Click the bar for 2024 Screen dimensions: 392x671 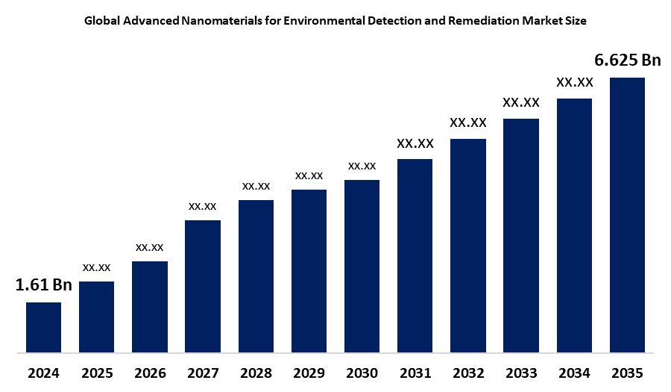pos(43,326)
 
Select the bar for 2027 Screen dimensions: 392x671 pos(203,285)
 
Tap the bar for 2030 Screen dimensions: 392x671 pos(362,265)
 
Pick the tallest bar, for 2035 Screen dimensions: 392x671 pos(627,214)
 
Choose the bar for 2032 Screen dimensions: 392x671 pos(468,245)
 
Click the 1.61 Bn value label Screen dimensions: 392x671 pos(43,284)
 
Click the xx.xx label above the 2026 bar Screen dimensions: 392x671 pos(149,246)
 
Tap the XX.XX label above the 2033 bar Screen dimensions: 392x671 pos(521,102)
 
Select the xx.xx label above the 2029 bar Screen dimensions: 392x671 pos(309,175)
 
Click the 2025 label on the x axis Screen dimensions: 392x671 pos(96,373)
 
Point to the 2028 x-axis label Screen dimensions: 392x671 pos(256,373)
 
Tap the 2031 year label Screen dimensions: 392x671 pos(415,373)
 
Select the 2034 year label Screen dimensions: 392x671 pos(574,373)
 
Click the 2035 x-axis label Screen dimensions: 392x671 pos(627,373)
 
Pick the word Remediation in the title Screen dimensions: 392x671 pos(481,21)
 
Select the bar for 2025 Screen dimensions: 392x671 pos(96,316)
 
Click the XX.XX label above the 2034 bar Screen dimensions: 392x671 pos(575,82)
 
